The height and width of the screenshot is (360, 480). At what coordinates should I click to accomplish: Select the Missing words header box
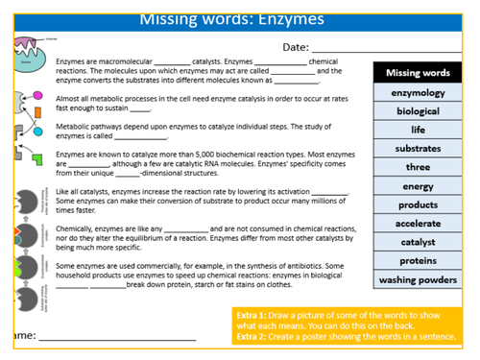[x=418, y=73]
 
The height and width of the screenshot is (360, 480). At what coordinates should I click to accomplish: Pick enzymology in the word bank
[x=418, y=93]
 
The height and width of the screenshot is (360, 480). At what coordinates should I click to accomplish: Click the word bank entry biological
[x=418, y=111]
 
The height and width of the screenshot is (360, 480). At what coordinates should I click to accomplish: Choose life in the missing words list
[x=418, y=130]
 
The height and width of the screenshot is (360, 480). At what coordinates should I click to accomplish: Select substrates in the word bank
[x=418, y=149]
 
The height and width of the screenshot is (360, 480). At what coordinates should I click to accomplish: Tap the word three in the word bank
[x=418, y=167]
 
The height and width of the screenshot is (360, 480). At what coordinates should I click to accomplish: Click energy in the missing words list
[x=418, y=186]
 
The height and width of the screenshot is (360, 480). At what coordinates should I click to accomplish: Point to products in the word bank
[x=418, y=204]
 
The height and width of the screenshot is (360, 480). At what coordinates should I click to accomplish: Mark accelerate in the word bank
[x=418, y=224]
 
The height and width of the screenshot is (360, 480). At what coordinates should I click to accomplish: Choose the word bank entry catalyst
[x=418, y=242]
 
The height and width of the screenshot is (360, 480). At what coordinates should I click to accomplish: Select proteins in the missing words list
[x=418, y=261]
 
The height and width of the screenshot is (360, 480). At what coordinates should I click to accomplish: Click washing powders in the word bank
[x=418, y=280]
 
